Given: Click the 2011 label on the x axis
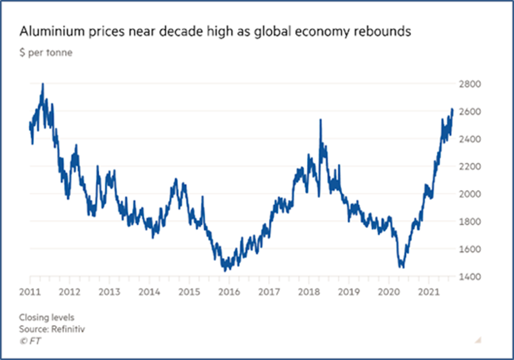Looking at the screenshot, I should click(30, 291).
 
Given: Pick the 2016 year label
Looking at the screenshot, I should click(229, 291).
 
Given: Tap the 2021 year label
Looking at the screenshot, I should click(428, 291).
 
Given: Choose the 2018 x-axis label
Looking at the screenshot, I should click(309, 291).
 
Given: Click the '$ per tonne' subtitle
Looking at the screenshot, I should click(46, 53).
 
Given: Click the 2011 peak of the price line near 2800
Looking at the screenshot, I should click(43, 84).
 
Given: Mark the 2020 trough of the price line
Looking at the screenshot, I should click(401, 267).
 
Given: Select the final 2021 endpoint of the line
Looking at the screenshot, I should click(453, 109).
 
